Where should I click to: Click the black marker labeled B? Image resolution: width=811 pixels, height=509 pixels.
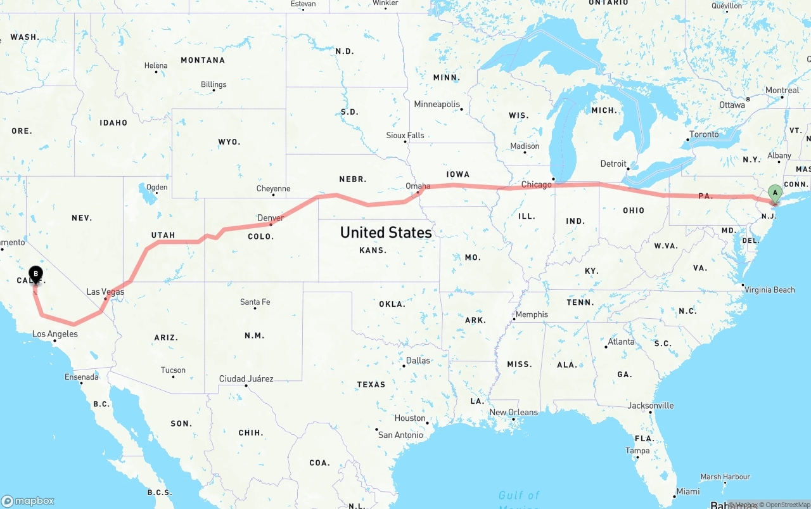[36, 275]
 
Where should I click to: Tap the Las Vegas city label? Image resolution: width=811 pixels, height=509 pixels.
[105, 292]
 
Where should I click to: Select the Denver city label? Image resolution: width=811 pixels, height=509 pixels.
[271, 218]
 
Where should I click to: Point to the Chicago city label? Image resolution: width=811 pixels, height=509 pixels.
[536, 184]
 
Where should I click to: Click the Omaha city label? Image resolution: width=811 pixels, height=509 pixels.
[418, 186]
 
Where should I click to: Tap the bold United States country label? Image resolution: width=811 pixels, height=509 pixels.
[386, 232]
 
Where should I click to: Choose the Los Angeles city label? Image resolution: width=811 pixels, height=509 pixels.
[55, 333]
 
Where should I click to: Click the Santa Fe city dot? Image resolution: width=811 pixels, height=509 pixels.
[255, 308]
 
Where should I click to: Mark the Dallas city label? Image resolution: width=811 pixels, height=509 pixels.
[418, 360]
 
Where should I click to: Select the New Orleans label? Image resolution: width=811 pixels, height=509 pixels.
[513, 412]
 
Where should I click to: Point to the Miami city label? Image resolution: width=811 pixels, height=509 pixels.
[688, 491]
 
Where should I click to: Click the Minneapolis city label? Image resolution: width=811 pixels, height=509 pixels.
[437, 104]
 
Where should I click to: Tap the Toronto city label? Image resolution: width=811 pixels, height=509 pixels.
[704, 134]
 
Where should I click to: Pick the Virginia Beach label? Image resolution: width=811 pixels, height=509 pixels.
[770, 290]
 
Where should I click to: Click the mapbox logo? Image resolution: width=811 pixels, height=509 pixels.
[28, 501]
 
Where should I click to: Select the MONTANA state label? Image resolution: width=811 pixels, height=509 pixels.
[203, 60]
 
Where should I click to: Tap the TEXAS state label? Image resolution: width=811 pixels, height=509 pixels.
[371, 384]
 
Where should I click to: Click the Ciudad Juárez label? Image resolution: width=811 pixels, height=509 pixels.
[246, 378]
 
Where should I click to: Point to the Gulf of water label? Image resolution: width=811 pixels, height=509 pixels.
[519, 495]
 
